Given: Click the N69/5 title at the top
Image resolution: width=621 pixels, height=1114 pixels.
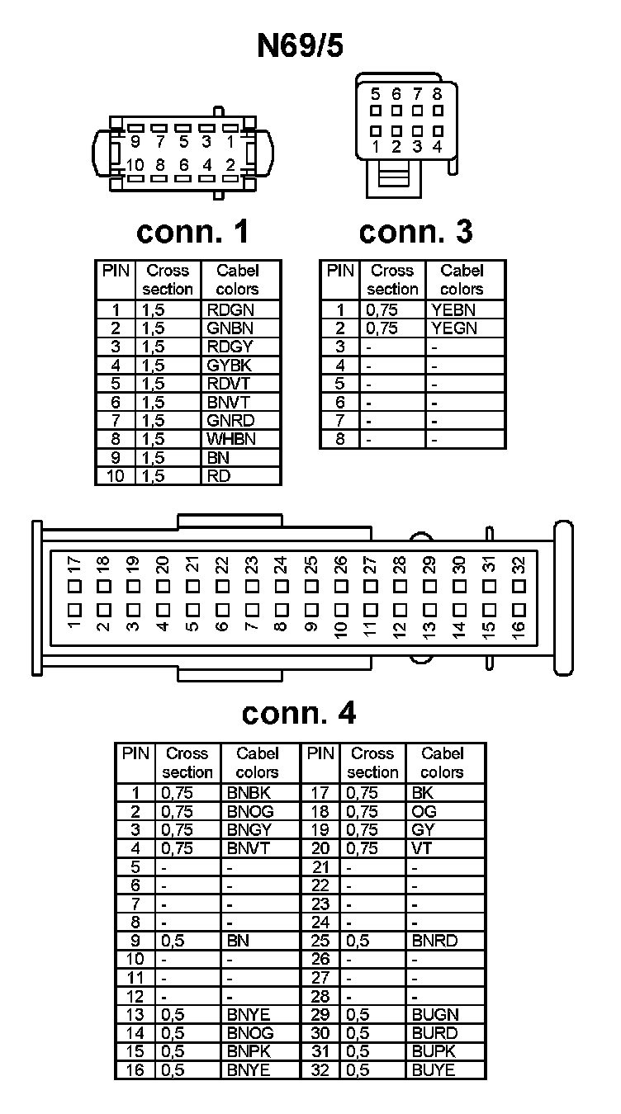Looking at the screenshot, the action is (300, 46).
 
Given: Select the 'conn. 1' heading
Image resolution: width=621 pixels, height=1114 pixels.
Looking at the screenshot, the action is (192, 232).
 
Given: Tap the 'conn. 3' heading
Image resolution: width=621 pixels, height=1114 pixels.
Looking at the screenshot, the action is (415, 232).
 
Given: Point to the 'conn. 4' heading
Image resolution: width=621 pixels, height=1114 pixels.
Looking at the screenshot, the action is (299, 713).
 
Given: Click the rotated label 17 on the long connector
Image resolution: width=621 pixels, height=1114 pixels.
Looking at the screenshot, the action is (74, 565).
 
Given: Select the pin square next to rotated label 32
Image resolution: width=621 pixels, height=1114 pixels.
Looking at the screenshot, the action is (519, 586).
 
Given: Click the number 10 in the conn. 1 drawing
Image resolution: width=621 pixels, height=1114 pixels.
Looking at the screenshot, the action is (135, 164).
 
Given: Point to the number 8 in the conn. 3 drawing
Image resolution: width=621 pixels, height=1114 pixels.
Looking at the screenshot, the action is (437, 94).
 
